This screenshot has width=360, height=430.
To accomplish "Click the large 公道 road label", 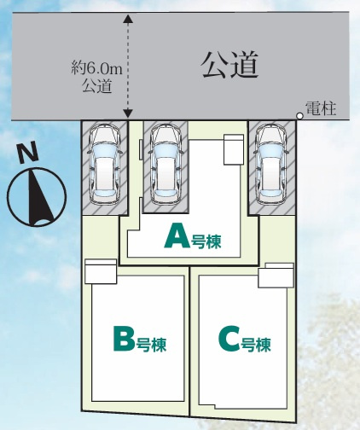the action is [x=229, y=65].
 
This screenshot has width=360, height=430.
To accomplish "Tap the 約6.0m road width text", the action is [x=96, y=69].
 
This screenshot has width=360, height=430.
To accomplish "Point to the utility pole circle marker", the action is [x=299, y=116].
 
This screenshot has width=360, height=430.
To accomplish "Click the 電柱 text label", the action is [x=321, y=108].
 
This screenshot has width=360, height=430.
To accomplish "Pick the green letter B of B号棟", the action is [x=124, y=339].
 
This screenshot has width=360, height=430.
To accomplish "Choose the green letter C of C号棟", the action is [x=229, y=340].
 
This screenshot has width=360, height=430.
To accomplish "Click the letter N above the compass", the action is [x=27, y=154].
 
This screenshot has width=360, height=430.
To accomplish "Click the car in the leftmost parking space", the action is [x=105, y=165].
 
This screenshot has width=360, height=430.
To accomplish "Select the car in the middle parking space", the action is [x=165, y=165].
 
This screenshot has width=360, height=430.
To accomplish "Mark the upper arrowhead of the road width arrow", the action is [x=128, y=20].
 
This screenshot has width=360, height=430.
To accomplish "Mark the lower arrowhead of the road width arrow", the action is [x=128, y=113].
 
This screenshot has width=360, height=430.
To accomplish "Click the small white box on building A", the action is [x=234, y=149].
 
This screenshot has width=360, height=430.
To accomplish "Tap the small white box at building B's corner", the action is [x=101, y=271].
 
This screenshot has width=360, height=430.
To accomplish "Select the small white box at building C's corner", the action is [x=276, y=276].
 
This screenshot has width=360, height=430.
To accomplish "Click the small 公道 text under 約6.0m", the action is [x=96, y=85].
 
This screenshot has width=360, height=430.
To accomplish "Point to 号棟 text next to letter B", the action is [x=151, y=345].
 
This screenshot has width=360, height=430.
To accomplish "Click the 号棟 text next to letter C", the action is [x=256, y=345].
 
